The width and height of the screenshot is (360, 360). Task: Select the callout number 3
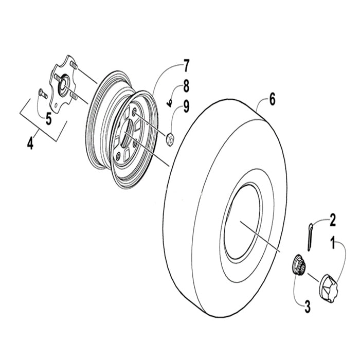click(308, 308)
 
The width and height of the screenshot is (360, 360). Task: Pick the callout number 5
click(48, 119)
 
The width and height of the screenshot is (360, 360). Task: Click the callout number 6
click(272, 99)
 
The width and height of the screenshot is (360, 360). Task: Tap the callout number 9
click(186, 107)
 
